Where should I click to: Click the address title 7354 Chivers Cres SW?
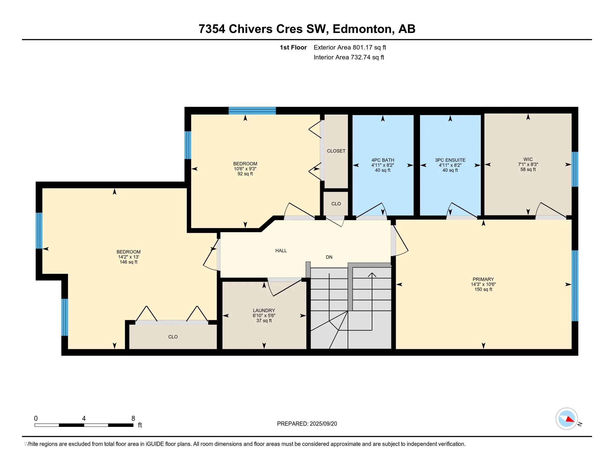click(x=307, y=29)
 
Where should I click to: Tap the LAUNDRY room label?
click(x=264, y=310)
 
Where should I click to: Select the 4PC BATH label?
click(x=383, y=160)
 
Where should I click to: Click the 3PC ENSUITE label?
click(x=450, y=160)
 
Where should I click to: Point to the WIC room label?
click(x=528, y=159)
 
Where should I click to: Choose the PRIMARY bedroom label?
click(x=483, y=279)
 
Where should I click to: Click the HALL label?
click(x=281, y=251)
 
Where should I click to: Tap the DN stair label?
click(x=329, y=257)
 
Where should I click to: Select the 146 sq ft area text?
click(x=128, y=262)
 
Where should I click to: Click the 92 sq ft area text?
click(x=245, y=174)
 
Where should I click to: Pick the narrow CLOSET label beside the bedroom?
click(x=336, y=151)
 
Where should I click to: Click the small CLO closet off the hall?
click(x=336, y=204)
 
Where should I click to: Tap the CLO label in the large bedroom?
click(x=173, y=337)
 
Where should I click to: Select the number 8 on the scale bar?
click(x=133, y=419)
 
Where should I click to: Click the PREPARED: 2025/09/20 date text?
click(x=307, y=424)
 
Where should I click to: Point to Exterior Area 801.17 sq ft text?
click(x=349, y=47)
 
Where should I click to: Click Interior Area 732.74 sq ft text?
click(x=349, y=57)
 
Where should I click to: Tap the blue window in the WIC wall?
click(x=575, y=169)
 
